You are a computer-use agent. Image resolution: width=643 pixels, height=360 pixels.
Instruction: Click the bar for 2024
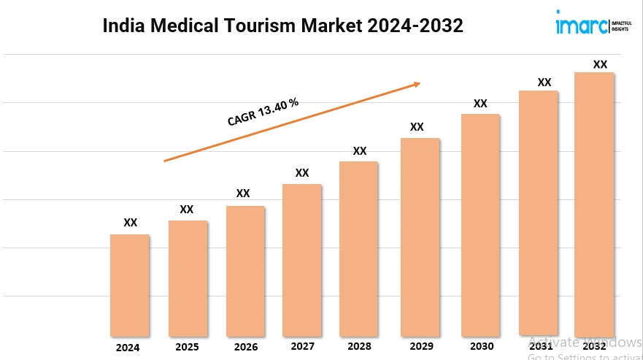tap(130, 285)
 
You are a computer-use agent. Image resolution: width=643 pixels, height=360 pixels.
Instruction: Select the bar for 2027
tap(301, 259)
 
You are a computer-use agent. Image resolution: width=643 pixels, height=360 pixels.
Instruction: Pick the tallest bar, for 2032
tap(594, 204)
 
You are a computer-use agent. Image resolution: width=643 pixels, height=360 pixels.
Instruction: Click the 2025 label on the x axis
tap(187, 347)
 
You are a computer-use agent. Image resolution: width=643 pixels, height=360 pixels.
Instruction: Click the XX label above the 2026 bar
tap(243, 194)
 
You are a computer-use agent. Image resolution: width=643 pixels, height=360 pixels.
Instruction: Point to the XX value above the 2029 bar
tap(417, 126)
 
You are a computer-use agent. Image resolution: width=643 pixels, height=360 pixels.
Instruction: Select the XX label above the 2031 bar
tap(544, 82)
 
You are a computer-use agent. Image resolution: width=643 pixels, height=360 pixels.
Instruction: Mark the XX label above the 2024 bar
tap(130, 223)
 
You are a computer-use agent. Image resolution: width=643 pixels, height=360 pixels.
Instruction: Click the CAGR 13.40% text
tap(263, 112)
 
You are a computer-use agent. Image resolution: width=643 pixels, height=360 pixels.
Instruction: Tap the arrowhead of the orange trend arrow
tap(417, 84)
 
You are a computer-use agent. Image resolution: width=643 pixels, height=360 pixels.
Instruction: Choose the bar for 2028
tap(358, 248)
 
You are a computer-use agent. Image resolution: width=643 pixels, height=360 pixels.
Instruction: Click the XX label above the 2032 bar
tap(600, 64)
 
